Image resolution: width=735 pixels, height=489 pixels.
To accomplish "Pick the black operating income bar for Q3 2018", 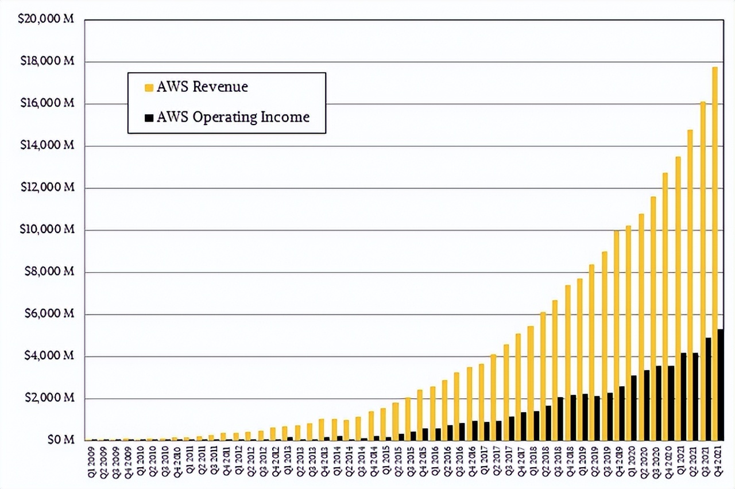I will [561, 419].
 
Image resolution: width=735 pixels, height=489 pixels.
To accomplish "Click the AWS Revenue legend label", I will [203, 87].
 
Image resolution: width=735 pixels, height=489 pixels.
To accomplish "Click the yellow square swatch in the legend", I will [149, 87].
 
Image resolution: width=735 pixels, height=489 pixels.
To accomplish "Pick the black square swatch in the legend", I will [149, 118].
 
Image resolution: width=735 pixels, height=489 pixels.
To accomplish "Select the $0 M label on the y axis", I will [61, 440].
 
